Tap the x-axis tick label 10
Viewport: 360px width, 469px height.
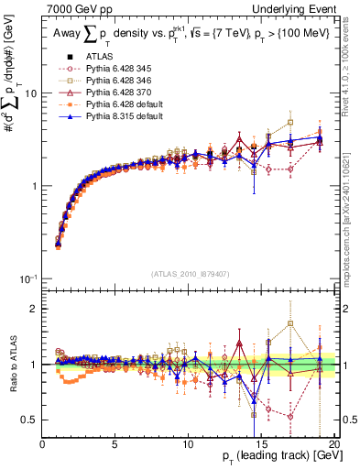189,444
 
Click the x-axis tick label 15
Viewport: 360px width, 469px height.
261,444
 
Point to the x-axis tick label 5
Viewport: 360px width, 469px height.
115,444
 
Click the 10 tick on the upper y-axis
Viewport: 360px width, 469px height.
29,93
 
